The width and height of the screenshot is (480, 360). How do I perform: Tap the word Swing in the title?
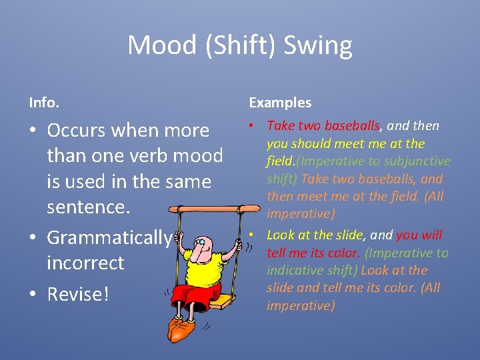click(317, 46)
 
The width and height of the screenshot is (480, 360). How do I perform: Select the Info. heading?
click(44, 103)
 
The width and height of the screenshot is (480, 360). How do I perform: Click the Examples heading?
click(280, 103)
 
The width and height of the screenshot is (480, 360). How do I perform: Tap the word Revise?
click(77, 294)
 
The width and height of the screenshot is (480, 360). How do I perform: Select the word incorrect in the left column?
click(85, 263)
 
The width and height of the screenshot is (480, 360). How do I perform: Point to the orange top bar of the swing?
click(214, 210)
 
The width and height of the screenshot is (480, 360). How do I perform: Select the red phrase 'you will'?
click(419, 235)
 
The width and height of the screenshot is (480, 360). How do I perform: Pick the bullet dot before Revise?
click(33, 295)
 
